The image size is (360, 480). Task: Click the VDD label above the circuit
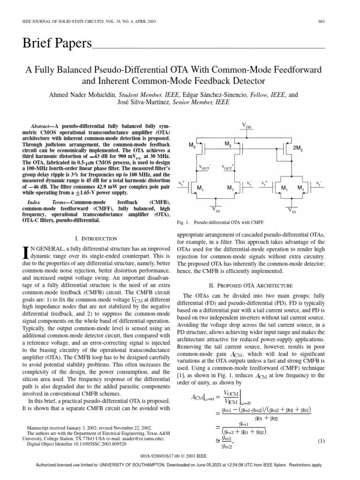point(247,125)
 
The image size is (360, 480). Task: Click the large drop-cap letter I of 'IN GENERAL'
point(25,254)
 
